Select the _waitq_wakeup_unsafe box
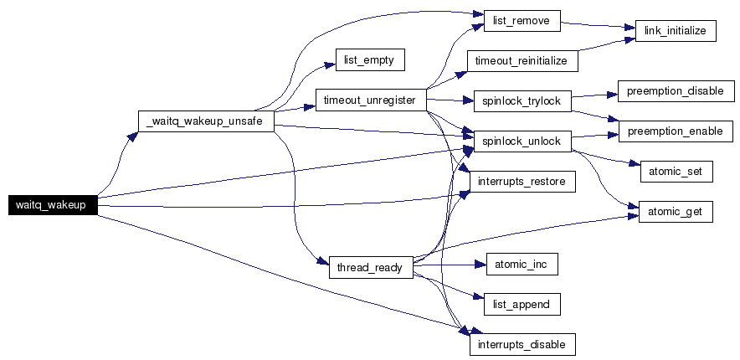[205, 122]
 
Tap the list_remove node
[522, 21]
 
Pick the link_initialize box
[676, 31]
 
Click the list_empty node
[370, 60]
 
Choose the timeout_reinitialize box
[522, 61]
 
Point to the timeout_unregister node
[370, 100]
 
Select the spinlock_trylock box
[522, 100]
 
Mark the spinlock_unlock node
[522, 141]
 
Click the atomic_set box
[676, 172]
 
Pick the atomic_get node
[676, 212]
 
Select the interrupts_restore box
[522, 181]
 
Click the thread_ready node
[370, 268]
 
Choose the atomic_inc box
[522, 265]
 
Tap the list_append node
[522, 304]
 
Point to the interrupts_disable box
[522, 344]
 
